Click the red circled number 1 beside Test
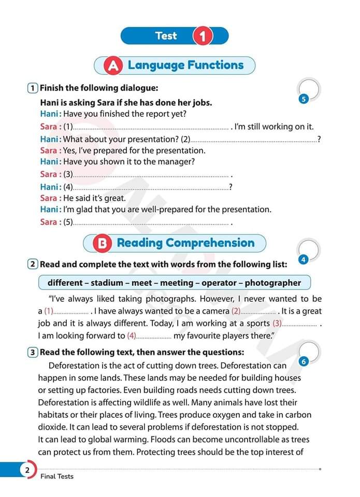[x=203, y=36]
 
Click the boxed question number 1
[x=33, y=88]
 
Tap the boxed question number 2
[x=33, y=265]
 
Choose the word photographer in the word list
[x=272, y=283]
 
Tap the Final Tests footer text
[x=57, y=476]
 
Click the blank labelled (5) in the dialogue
[x=150, y=223]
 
